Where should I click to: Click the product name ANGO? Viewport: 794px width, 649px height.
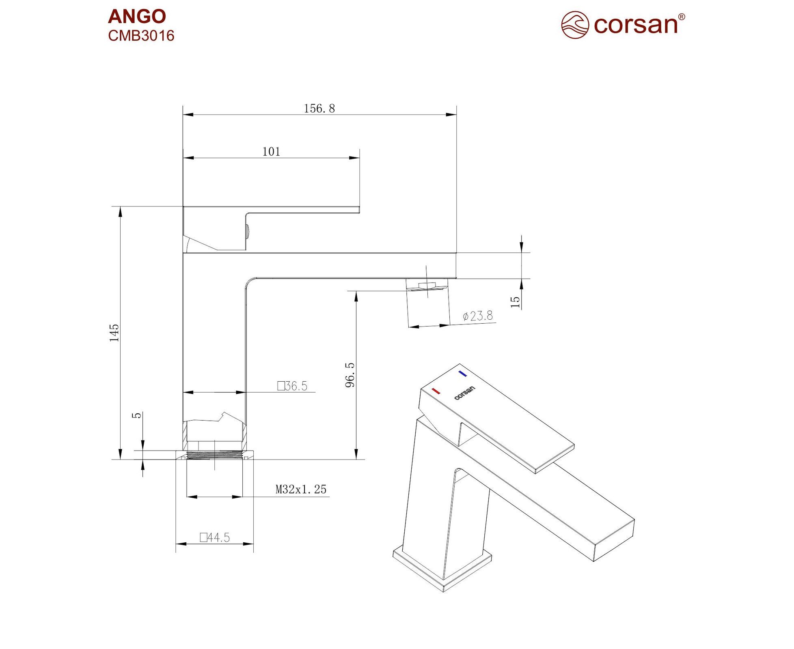137,17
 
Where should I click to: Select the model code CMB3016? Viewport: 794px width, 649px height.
141,36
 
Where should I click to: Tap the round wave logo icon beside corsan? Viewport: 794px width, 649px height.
575,25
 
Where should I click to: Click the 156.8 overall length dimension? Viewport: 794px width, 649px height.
319,108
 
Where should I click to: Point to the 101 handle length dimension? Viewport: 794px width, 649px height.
271,152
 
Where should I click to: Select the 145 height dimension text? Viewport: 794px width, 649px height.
114,333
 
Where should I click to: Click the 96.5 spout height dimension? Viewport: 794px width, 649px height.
350,375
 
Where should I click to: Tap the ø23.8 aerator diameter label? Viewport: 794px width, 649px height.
478,316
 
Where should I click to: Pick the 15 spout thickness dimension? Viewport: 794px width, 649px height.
515,302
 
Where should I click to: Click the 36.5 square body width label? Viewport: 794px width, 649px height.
292,386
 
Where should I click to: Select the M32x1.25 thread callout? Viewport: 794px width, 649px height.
301,489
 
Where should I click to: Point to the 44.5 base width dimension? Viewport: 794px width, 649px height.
215,537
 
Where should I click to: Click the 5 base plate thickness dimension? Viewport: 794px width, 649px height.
137,415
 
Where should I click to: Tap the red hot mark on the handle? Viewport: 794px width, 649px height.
436,391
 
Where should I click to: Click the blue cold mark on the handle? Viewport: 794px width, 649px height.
462,373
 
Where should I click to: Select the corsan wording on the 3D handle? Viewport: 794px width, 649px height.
464,393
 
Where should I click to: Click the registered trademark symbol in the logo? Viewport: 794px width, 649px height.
682,17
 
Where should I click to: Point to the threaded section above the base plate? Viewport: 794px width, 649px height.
215,455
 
